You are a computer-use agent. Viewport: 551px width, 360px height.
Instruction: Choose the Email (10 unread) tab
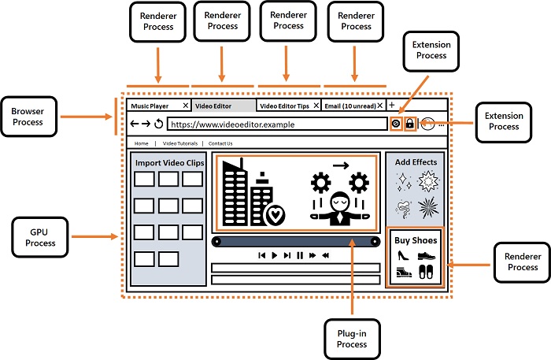[352, 106]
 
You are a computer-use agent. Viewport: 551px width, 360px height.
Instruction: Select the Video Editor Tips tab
[284, 106]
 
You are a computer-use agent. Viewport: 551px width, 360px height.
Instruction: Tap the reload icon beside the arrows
[158, 124]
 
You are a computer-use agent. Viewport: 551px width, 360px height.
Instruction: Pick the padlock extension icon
[409, 124]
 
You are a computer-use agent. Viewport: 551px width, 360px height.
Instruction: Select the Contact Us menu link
[220, 143]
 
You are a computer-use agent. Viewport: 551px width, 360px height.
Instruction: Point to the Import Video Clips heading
[168, 163]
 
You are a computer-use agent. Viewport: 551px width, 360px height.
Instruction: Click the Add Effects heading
[416, 162]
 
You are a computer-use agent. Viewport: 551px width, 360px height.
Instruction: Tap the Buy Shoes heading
[416, 240]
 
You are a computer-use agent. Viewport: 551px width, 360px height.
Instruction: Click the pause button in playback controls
[300, 255]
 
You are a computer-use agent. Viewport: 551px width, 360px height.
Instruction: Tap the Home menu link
[141, 143]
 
